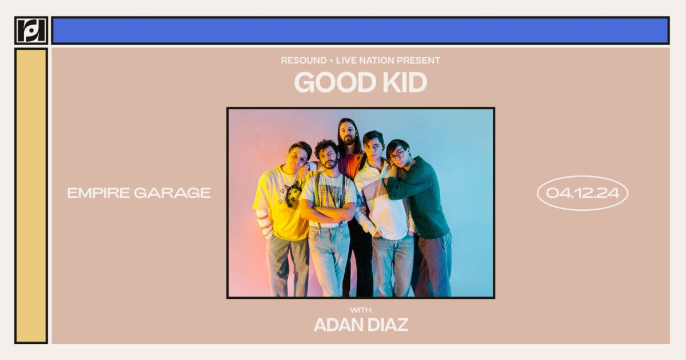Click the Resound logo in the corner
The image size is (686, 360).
(31, 30)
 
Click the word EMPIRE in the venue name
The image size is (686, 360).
(98, 193)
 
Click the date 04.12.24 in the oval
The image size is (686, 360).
(582, 193)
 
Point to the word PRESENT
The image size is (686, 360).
(421, 61)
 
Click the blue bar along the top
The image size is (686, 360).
(360, 30)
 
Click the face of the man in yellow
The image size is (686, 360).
(298, 157)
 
